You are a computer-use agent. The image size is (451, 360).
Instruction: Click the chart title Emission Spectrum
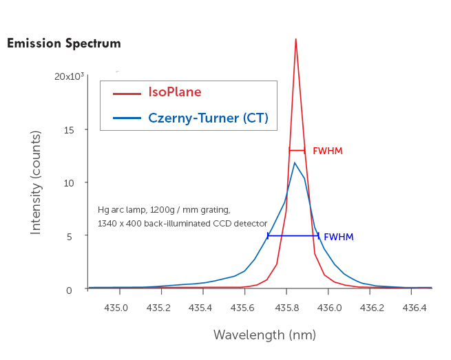click(x=64, y=44)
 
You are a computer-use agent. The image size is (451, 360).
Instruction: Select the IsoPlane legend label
click(x=175, y=92)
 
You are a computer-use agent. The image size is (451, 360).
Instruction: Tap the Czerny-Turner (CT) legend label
click(x=208, y=118)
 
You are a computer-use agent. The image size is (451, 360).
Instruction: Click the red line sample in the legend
click(x=127, y=93)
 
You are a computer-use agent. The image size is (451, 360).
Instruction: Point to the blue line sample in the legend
click(x=127, y=118)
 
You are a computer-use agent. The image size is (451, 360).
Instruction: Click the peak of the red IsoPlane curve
click(x=295, y=40)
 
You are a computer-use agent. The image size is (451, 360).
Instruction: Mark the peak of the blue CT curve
click(x=295, y=163)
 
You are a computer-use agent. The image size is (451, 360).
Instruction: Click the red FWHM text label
click(x=327, y=151)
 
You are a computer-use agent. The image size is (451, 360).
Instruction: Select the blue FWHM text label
click(x=338, y=237)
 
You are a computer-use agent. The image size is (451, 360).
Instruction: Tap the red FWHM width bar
click(x=297, y=150)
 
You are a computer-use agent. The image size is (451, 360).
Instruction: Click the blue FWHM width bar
click(x=293, y=236)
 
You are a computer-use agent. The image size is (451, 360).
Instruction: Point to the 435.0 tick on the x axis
click(x=116, y=308)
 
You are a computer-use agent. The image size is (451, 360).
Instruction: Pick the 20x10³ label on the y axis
click(x=69, y=76)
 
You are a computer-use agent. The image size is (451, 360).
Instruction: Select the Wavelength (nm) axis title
click(x=264, y=335)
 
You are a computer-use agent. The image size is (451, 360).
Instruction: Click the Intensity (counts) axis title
click(x=36, y=182)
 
